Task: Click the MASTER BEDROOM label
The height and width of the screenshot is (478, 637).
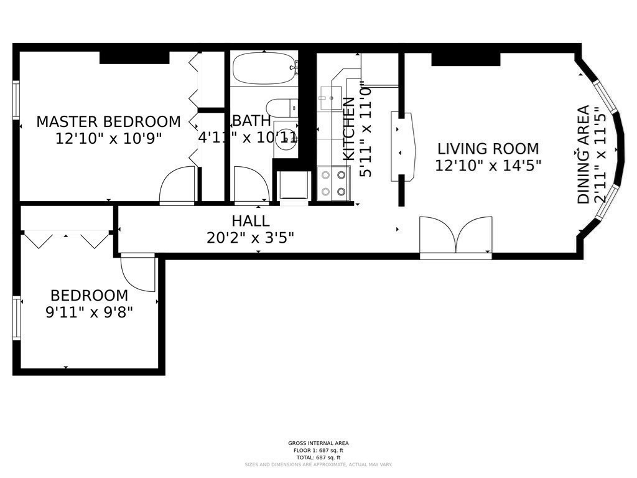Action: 108,121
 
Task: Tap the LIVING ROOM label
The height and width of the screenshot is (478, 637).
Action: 488,149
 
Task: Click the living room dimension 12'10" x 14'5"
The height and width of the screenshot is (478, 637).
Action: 488,166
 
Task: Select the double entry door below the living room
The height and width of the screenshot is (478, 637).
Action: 456,237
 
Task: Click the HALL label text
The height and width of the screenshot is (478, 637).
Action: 251,221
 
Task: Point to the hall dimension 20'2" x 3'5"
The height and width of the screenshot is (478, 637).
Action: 250,237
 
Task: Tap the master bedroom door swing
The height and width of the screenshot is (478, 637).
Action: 177,186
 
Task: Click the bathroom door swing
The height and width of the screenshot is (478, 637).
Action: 251,185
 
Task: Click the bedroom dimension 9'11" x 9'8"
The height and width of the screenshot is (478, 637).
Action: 89,312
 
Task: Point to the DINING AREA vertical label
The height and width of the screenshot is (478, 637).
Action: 584,155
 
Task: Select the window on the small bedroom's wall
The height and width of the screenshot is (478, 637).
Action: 17,318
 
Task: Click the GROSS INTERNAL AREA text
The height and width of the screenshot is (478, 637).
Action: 318,443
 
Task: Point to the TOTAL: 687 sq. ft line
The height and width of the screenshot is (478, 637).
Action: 318,457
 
